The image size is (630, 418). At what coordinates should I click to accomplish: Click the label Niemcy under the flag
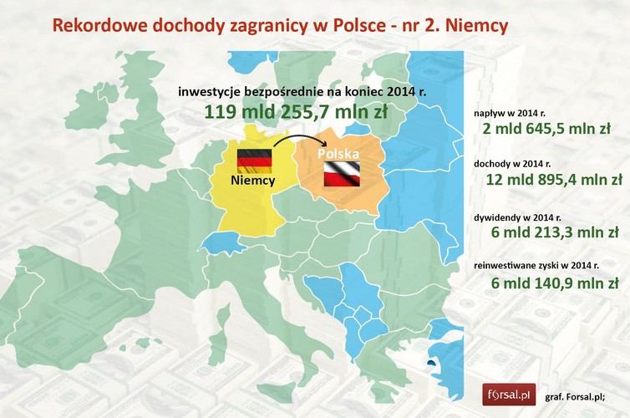coord(256,180)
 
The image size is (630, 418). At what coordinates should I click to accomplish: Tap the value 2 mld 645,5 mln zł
coord(546,130)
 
